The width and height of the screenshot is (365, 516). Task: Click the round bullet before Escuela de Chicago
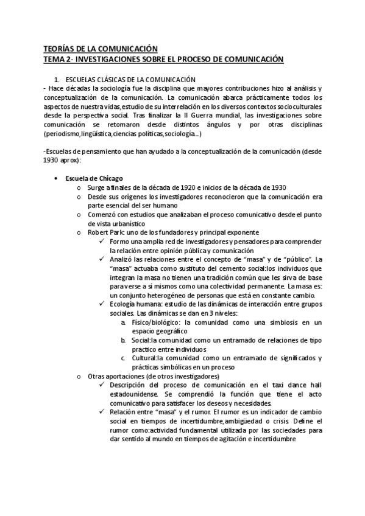pyautogui.click(x=57, y=178)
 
